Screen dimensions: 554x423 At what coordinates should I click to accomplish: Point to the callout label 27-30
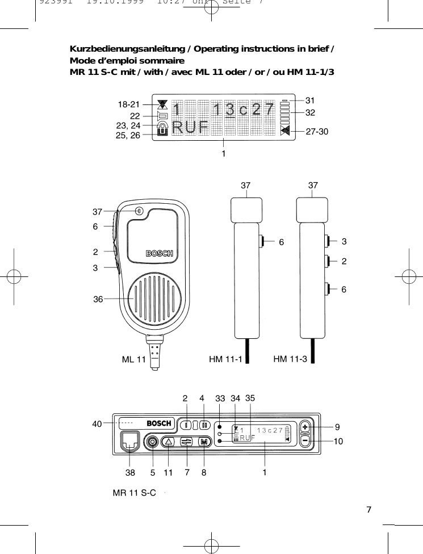(x=317, y=131)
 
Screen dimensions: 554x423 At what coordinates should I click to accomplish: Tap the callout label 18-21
(x=128, y=104)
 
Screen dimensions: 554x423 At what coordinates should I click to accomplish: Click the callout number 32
(x=310, y=112)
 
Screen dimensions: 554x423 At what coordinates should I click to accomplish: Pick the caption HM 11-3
(x=290, y=359)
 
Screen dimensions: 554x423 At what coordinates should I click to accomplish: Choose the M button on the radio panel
(x=204, y=442)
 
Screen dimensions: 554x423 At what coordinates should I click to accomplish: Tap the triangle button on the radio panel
(x=169, y=442)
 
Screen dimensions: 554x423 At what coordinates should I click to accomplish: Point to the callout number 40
(x=98, y=423)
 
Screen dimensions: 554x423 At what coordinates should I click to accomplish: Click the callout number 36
(x=98, y=299)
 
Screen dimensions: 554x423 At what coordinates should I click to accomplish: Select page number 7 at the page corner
(x=369, y=509)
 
